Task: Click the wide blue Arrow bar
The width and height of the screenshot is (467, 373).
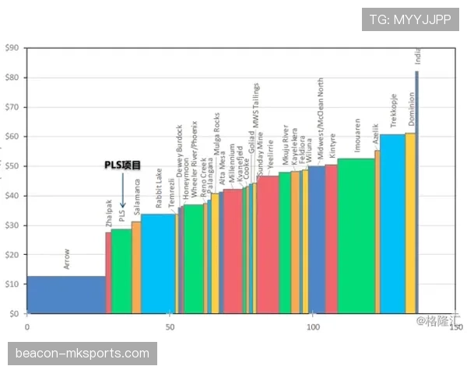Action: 66,295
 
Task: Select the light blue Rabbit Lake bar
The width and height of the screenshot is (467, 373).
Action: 158,263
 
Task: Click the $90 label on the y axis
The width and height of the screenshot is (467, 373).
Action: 12,48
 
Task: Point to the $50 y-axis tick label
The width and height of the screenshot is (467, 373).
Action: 12,166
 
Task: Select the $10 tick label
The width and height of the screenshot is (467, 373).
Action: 12,284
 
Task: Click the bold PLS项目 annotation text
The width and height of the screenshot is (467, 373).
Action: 123,166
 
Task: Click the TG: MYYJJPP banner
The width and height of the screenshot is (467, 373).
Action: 411,19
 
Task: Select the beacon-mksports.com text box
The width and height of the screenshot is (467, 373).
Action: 83,354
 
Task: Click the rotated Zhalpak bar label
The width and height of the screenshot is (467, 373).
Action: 109,214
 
